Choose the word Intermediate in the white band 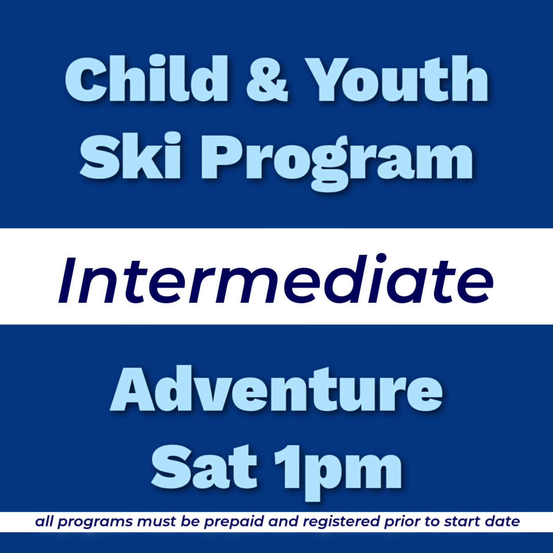pyautogui.click(x=276, y=280)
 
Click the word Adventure pyautogui.click(x=276, y=390)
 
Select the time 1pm pyautogui.click(x=338, y=469)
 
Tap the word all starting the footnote pyautogui.click(x=44, y=522)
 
